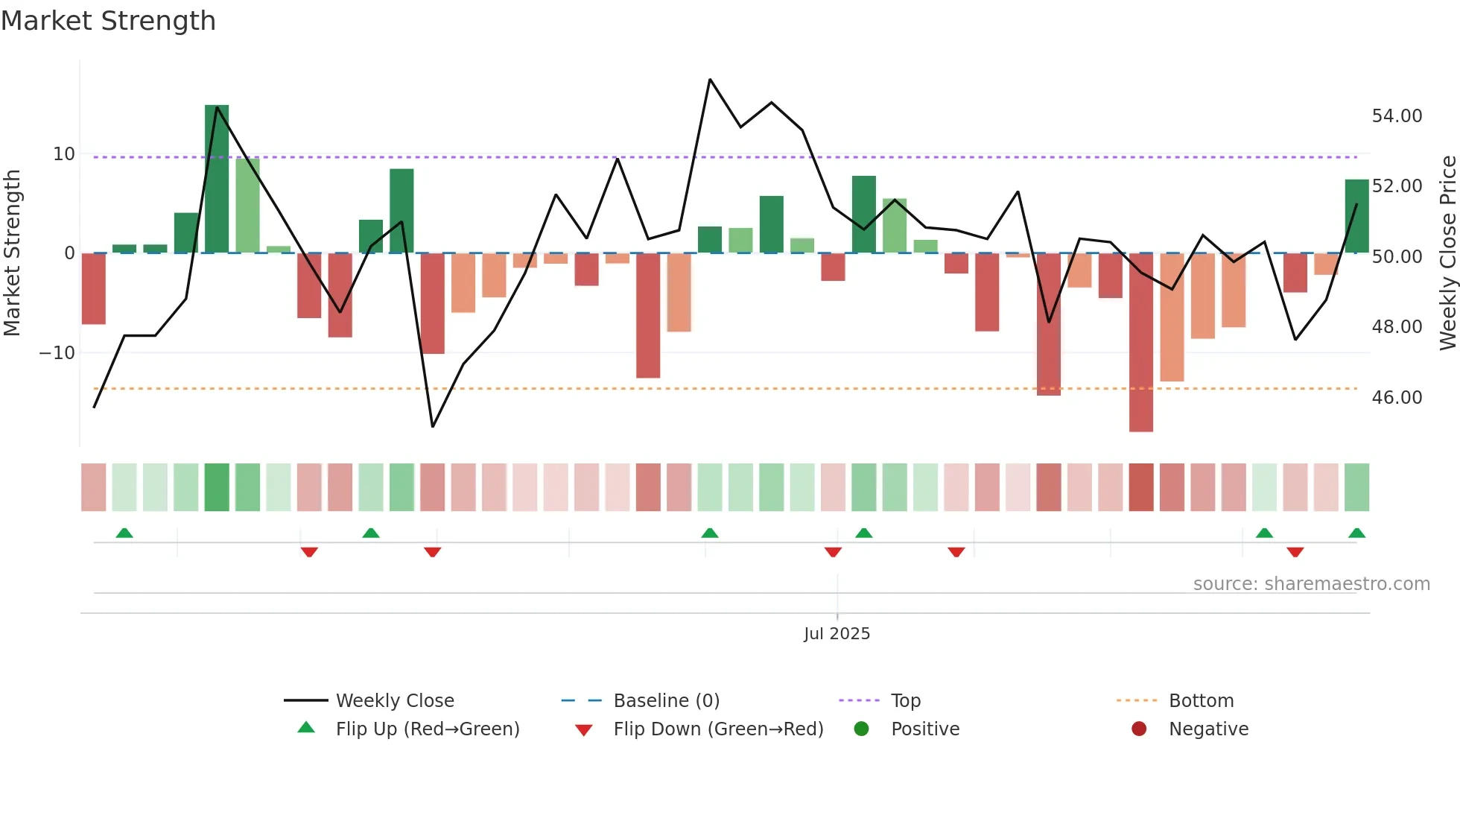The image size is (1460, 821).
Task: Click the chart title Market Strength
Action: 108,21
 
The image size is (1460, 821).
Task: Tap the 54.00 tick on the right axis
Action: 1397,116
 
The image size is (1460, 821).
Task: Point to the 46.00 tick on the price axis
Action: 1397,398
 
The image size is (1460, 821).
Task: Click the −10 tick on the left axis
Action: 58,353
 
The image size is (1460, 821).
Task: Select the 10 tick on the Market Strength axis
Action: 64,154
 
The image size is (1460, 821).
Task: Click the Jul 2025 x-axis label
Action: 837,634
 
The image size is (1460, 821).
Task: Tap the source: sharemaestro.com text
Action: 1311,584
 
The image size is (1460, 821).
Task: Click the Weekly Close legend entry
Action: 394,701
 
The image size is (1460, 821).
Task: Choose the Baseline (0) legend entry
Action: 666,701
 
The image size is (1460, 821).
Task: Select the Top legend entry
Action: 905,701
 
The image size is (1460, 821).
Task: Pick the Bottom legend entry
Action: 1201,701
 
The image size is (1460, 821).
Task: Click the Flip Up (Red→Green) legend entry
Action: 427,729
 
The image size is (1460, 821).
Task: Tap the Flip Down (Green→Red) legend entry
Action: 718,729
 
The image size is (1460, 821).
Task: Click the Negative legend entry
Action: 1207,729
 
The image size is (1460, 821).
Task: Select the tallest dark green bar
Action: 217,179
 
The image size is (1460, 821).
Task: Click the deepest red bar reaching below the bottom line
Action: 1140,343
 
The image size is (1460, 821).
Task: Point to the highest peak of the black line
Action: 710,80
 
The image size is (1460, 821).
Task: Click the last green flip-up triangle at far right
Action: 1356,533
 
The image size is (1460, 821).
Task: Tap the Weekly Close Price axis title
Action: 1447,253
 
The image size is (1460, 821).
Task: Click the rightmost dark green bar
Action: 1356,216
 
